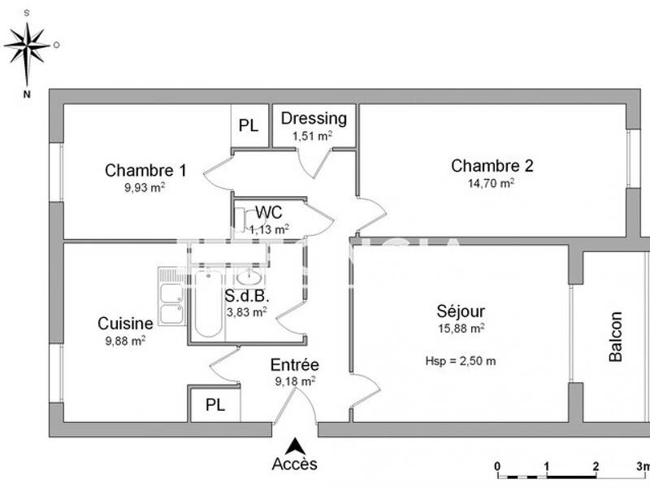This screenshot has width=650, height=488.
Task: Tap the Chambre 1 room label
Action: tap(145, 171)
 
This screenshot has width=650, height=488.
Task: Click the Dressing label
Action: tap(314, 119)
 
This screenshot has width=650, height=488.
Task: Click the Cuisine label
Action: tap(125, 323)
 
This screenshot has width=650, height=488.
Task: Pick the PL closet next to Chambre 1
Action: tap(249, 126)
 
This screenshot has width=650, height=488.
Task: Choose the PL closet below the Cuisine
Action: tap(215, 405)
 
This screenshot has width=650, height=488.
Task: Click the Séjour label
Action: tap(461, 312)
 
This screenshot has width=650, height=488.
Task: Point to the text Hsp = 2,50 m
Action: tap(460, 361)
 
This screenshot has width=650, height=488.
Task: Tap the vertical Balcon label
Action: tap(616, 337)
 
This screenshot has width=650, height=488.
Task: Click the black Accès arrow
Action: tap(296, 446)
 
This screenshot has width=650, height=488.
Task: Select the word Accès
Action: tap(294, 464)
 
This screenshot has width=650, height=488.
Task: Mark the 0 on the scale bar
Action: tap(497, 466)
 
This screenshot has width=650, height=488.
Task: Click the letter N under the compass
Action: tap(27, 94)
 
